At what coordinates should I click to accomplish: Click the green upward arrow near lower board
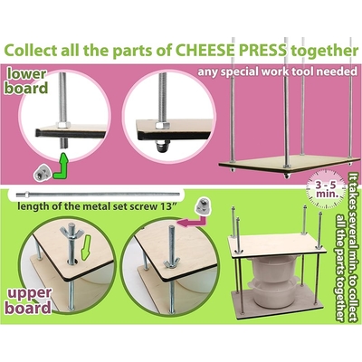coord(62,167)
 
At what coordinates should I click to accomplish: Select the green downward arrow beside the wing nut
coord(86,247)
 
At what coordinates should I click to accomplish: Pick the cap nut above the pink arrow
coord(202,207)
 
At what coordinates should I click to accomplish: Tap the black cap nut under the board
coord(163,146)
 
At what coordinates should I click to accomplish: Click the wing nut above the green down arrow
coord(71,233)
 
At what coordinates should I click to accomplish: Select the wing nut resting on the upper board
coord(172,262)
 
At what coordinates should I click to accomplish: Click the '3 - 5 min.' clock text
coord(327,189)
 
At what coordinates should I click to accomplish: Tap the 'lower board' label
coord(27,81)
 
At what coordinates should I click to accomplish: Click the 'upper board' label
coord(28,300)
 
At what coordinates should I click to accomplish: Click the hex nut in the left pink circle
coord(63,125)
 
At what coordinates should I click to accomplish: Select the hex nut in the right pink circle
coord(162,126)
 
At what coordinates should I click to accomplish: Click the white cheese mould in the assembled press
coord(274,280)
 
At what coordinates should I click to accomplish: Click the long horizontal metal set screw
coord(98,195)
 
